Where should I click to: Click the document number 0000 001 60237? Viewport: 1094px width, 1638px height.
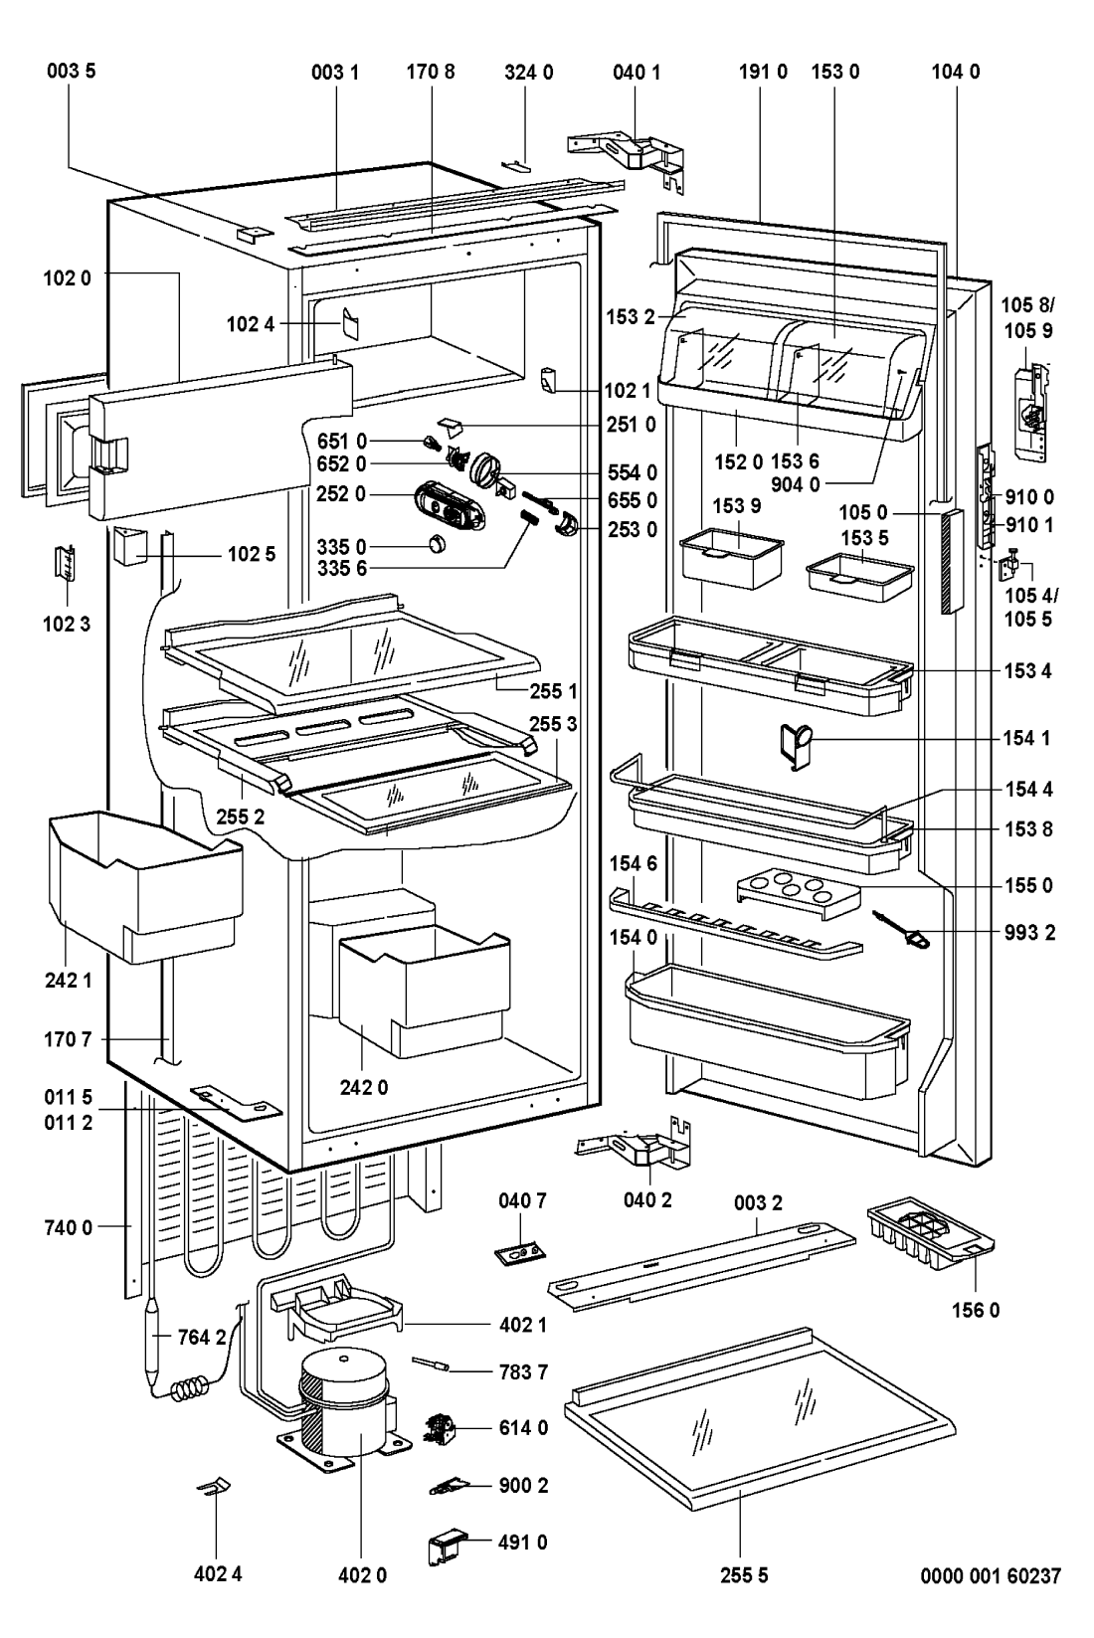click(991, 1575)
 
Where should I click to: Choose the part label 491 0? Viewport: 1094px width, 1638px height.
click(523, 1543)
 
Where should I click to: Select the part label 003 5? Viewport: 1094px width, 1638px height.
click(70, 72)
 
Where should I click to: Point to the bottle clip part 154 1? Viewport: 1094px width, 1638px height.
click(797, 744)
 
